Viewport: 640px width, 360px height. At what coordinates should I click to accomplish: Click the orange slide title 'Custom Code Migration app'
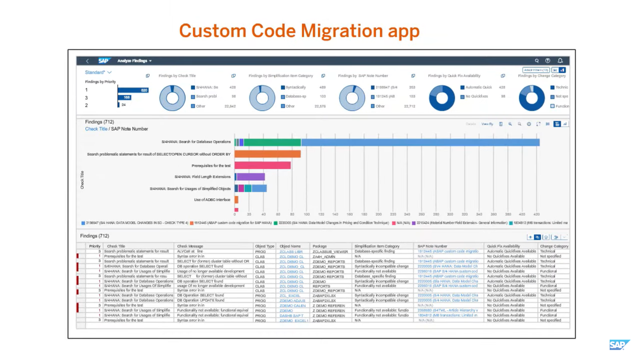299,31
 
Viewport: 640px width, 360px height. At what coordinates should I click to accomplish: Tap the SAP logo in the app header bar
103,61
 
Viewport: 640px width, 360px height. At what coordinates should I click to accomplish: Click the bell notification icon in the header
560,61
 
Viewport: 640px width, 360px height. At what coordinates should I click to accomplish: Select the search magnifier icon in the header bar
537,61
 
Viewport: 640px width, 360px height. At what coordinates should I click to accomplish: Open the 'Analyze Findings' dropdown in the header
134,61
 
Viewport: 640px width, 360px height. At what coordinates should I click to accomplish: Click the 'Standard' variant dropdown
98,72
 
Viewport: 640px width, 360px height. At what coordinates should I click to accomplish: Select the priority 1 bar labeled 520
133,90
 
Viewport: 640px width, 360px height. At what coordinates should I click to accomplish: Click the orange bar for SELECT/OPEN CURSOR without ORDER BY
267,154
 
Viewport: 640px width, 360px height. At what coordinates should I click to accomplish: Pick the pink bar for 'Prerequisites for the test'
262,165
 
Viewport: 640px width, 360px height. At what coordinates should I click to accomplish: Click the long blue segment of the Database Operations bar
420,143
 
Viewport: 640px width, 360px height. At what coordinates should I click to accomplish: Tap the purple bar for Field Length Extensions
251,177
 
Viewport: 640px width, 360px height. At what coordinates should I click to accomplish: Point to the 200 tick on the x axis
379,214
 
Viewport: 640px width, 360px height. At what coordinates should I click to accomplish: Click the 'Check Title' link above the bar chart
96,129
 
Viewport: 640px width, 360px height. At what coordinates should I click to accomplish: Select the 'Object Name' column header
290,246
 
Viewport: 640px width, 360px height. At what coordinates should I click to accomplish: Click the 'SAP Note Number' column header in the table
432,246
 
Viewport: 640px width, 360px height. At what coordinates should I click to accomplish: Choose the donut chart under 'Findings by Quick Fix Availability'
442,98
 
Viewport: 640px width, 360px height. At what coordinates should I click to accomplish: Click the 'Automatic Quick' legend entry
478,87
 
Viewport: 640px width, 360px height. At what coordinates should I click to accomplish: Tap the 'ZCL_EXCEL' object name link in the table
290,296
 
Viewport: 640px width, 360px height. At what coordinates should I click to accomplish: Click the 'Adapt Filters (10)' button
536,70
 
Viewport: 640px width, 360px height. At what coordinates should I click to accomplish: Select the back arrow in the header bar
87,61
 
